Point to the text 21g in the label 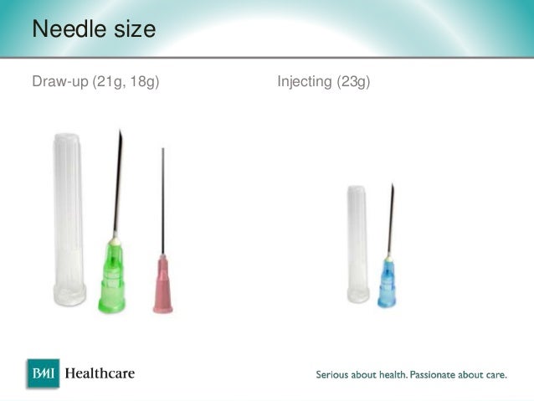click(x=114, y=82)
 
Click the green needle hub click(x=111, y=276)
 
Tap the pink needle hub click(x=162, y=285)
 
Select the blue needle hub click(x=387, y=280)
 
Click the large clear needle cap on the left click(x=69, y=218)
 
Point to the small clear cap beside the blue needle click(x=357, y=243)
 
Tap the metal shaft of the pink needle click(x=162, y=201)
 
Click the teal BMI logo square click(x=43, y=373)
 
